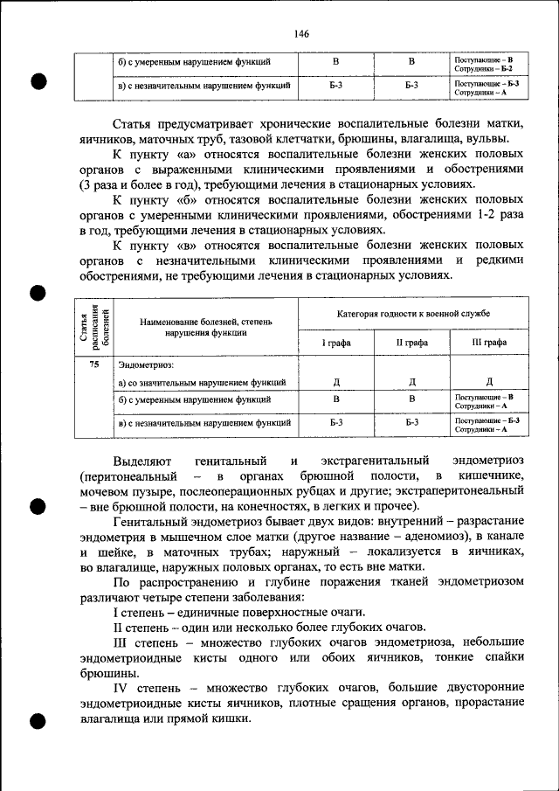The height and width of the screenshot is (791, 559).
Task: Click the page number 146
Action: (x=301, y=33)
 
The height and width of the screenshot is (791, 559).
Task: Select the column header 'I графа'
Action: (x=335, y=343)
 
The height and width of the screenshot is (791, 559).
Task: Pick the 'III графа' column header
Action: (x=488, y=343)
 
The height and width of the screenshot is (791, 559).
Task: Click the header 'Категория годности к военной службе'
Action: (x=413, y=313)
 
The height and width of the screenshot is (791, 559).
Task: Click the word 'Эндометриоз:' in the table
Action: (x=146, y=363)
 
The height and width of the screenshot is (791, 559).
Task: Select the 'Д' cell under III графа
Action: (x=489, y=382)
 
